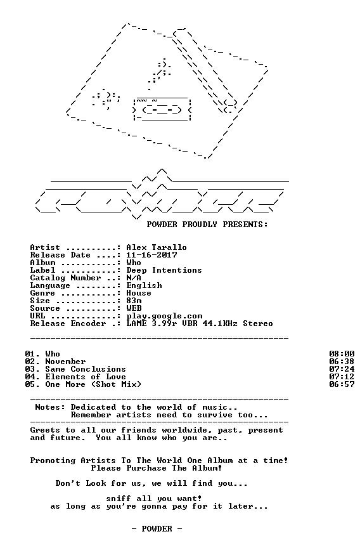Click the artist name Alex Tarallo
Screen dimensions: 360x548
coord(157,247)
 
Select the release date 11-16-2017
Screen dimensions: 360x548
coord(151,255)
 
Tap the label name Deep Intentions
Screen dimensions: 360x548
coord(164,270)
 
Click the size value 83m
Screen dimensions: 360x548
coord(134,301)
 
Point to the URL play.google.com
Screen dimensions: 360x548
coord(164,316)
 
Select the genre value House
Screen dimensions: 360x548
coord(139,293)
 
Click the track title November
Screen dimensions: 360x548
coord(65,362)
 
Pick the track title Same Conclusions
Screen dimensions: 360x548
coord(86,369)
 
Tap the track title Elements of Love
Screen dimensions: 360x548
coord(86,377)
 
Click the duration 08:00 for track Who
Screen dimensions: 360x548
coord(342,354)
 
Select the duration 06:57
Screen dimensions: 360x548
coord(342,384)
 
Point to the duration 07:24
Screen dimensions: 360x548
coord(342,369)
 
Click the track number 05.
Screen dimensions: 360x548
coord(30,384)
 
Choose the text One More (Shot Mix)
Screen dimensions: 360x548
coord(93,384)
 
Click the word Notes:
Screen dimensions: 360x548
coord(50,407)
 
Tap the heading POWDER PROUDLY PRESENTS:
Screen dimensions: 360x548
coord(207,225)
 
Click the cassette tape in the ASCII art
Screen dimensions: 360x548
coord(162,110)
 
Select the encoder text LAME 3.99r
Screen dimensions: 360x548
coord(151,323)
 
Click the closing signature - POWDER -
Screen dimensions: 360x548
coord(157,529)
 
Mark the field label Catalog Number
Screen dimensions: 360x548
coord(65,278)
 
